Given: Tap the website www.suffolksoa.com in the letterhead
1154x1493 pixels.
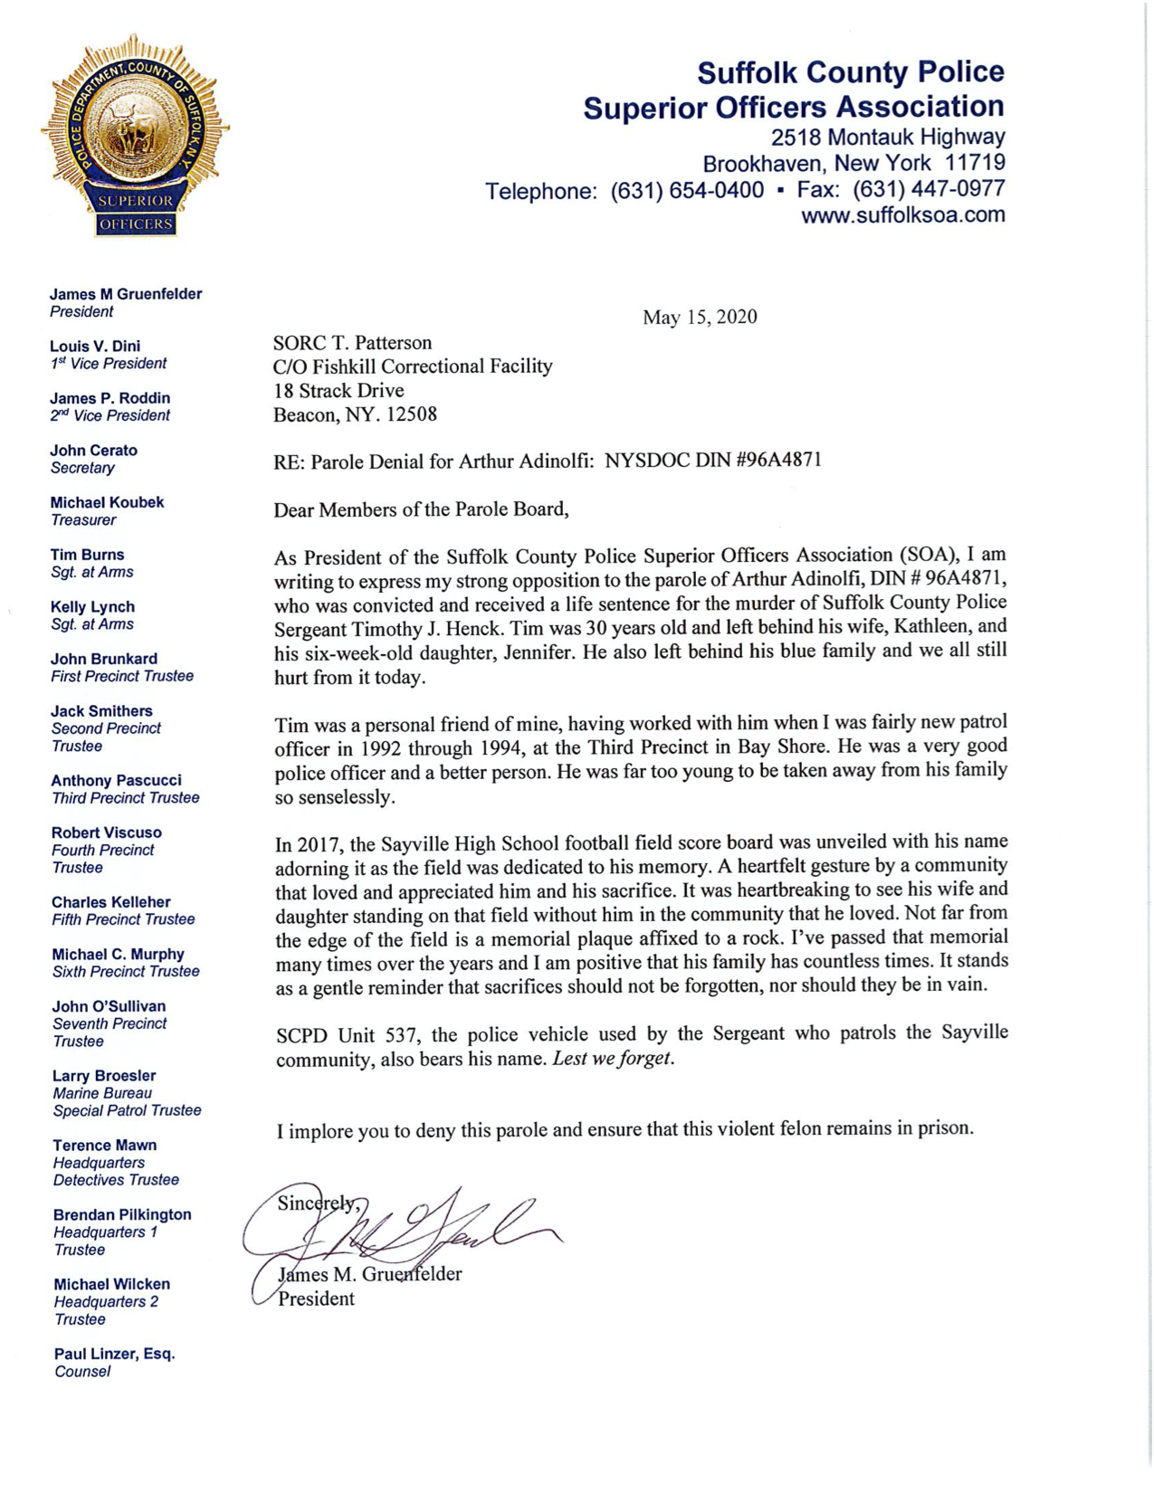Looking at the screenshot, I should tap(902, 215).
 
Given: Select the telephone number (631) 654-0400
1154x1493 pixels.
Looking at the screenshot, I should tap(687, 191).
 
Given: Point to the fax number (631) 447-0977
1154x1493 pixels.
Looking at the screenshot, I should tap(929, 190).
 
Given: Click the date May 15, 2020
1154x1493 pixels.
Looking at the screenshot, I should tap(700, 317).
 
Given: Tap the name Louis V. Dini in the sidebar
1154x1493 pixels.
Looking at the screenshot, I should tap(95, 346).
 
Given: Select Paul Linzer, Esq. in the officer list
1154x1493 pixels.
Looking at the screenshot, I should tap(114, 1354).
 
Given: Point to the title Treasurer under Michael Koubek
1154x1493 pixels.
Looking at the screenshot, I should tap(83, 520).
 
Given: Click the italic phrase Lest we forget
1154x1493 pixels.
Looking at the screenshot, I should tap(614, 1058).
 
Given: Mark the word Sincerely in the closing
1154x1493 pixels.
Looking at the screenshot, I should tap(317, 1203).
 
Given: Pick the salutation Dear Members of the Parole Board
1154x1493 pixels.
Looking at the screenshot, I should tap(421, 509).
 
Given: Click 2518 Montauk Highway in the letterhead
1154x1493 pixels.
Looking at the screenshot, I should tap(887, 138).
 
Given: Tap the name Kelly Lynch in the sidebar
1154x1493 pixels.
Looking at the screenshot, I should tap(92, 606).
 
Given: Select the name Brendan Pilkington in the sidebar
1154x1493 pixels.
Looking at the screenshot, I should tap(122, 1214).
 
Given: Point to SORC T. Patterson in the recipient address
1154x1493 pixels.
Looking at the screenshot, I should tap(352, 343).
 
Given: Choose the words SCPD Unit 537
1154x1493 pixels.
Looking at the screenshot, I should tap(343, 1034).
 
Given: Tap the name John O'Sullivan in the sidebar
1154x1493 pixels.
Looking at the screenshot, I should tap(109, 1006).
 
